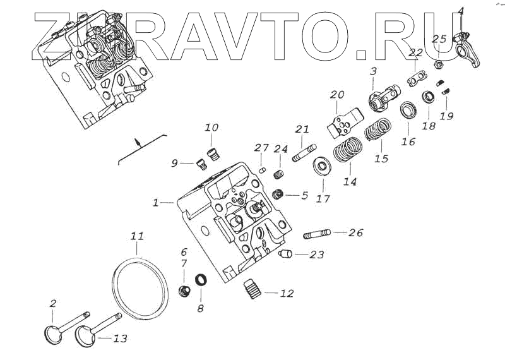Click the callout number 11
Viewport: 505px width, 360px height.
(138, 236)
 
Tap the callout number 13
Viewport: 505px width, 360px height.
(120, 339)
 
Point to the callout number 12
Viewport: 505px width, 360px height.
(287, 294)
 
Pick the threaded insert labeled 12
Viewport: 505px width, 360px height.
(253, 291)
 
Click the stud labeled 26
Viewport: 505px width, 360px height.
(316, 234)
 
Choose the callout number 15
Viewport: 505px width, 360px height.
(381, 159)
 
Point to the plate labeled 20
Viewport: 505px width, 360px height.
(343, 123)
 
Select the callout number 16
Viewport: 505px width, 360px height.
(408, 141)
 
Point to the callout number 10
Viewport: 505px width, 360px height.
(211, 128)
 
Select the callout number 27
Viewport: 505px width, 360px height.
(261, 148)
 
